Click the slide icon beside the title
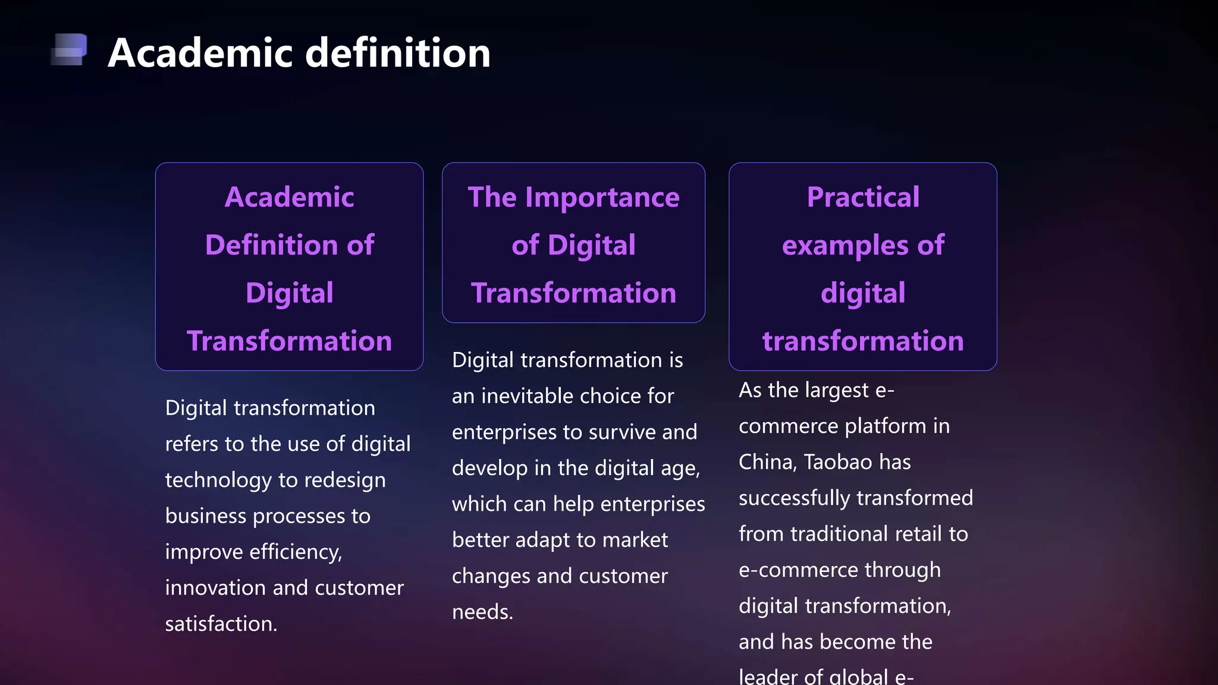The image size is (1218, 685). click(x=70, y=49)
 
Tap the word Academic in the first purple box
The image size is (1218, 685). click(x=289, y=197)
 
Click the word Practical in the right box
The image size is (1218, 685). click(x=863, y=197)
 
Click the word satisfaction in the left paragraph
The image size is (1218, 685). click(x=221, y=624)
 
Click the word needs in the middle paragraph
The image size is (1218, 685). click(x=482, y=612)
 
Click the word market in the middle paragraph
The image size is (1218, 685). click(x=635, y=540)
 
